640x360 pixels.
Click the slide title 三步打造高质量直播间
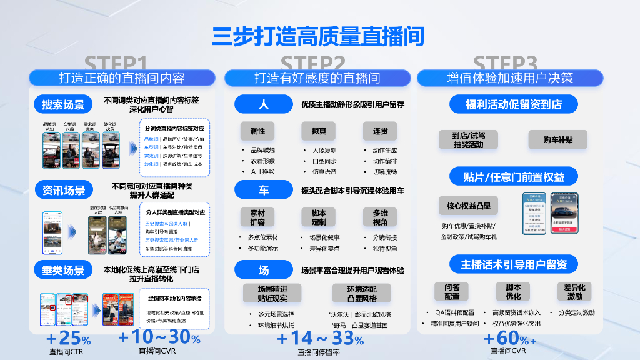pos(318,36)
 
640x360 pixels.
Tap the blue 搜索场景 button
pos(63,104)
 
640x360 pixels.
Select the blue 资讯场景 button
pos(63,190)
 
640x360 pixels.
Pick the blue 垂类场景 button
pos(63,270)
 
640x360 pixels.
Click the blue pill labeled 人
pos(263,104)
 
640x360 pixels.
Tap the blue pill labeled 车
pos(263,189)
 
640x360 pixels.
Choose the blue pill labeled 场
pos(263,270)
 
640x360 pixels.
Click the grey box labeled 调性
pos(257,131)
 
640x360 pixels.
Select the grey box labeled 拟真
pos(319,131)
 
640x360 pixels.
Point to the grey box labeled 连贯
pos(380,131)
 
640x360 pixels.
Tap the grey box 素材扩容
pos(257,217)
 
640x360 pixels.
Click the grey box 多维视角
pos(380,217)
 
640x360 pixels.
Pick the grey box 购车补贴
pos(557,139)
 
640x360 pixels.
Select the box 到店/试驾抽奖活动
pos(469,139)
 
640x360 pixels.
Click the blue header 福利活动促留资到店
pos(513,104)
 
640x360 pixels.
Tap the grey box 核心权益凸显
pos(469,206)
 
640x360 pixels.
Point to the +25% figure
pos(68,340)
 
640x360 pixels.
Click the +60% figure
pos(509,339)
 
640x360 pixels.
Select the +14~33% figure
pos(320,340)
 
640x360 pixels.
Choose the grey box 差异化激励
pos(574,292)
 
